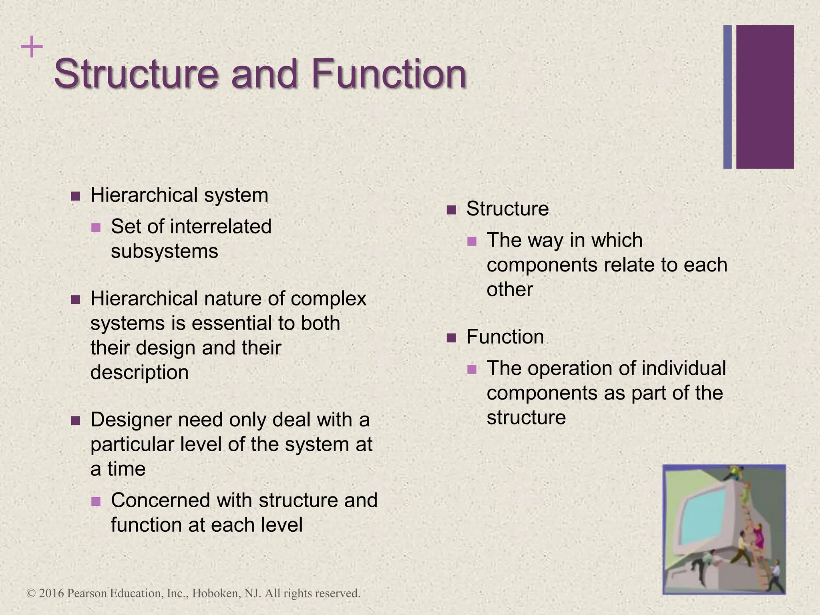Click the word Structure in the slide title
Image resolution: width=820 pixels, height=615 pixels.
(136, 74)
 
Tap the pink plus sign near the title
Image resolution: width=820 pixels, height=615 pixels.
(32, 47)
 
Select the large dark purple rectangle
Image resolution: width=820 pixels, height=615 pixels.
(765, 97)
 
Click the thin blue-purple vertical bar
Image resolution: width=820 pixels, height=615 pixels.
(728, 97)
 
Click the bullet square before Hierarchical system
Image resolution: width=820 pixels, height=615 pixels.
(75, 196)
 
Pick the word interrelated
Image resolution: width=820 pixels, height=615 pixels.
(221, 226)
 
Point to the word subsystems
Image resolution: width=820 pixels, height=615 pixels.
(164, 251)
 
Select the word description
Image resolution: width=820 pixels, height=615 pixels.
(139, 372)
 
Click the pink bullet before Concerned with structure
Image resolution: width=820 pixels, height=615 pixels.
(96, 501)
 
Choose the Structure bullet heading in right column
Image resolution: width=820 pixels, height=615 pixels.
(507, 209)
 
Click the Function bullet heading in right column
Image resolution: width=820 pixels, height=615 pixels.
(505, 337)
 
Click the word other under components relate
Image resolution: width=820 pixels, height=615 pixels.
(510, 289)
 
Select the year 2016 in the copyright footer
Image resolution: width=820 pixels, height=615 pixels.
(52, 593)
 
